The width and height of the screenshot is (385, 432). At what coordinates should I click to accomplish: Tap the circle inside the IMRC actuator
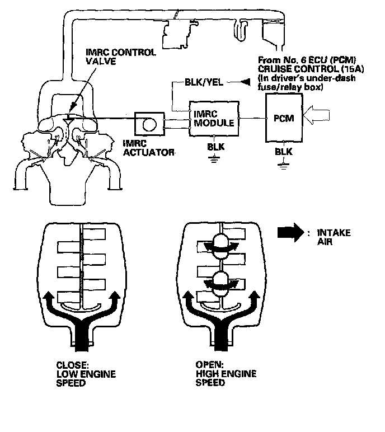(149, 124)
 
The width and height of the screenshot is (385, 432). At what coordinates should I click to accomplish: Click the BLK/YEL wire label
(204, 82)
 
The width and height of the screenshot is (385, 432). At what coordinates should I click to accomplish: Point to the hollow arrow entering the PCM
(316, 116)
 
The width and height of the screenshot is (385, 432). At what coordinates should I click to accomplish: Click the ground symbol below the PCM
(284, 166)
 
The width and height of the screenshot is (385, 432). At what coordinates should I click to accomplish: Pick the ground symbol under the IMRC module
(214, 159)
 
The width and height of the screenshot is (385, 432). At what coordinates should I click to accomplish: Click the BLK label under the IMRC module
(216, 147)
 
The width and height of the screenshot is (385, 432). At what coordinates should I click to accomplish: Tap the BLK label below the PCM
(284, 152)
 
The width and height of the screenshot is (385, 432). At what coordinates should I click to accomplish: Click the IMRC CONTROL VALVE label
(121, 57)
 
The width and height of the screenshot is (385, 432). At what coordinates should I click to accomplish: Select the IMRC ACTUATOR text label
(148, 148)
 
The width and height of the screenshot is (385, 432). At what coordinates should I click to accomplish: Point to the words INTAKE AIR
(334, 237)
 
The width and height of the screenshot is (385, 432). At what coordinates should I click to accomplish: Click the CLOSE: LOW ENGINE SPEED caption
(86, 374)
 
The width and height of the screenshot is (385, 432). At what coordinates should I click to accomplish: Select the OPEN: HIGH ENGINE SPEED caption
(226, 374)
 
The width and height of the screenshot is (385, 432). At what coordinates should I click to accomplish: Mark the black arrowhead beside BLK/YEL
(245, 82)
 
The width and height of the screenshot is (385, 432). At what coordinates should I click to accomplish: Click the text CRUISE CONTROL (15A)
(311, 69)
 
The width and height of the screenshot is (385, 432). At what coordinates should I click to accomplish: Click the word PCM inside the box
(284, 118)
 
